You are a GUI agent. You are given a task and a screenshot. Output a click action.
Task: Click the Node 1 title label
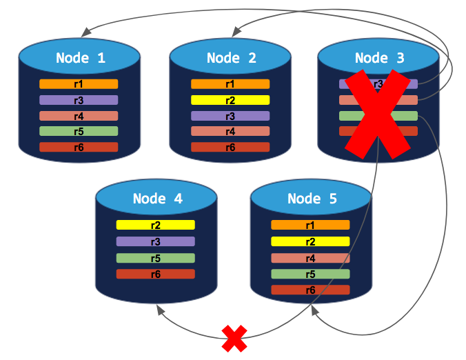[81, 58]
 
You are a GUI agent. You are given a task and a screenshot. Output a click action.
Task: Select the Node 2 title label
[232, 58]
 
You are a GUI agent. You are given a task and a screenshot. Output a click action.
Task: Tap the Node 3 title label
[379, 58]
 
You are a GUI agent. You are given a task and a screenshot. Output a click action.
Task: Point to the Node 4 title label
[157, 199]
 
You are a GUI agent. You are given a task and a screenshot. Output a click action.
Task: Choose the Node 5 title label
[312, 199]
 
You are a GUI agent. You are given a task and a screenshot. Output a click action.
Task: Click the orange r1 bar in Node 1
[79, 84]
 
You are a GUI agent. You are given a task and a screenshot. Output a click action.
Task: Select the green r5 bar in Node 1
[79, 131]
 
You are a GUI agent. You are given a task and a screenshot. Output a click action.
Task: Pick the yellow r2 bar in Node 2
[230, 100]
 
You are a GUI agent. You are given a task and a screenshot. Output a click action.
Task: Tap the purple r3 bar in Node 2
[230, 116]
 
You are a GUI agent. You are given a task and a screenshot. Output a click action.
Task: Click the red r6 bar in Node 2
[230, 147]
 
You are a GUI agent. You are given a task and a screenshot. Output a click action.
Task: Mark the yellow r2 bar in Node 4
[156, 225]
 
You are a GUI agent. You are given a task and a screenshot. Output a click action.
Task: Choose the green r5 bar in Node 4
[156, 258]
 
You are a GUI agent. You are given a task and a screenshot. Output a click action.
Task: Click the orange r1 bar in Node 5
[310, 225]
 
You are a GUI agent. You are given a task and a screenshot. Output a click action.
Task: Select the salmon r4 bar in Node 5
[310, 258]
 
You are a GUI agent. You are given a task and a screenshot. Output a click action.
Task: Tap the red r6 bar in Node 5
[310, 290]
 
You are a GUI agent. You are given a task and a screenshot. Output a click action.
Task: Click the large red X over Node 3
[376, 114]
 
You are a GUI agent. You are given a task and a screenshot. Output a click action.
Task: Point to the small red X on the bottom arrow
[234, 338]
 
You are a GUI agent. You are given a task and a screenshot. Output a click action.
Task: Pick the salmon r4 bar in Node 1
[79, 116]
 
